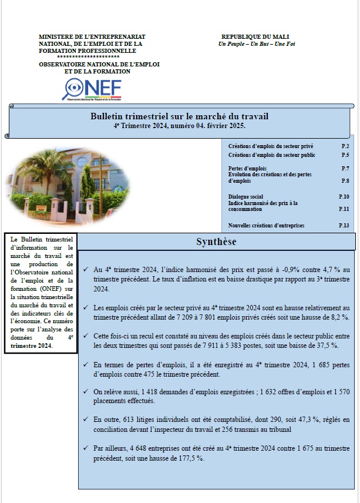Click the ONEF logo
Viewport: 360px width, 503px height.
[92, 89]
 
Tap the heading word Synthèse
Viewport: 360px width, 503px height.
[217, 242]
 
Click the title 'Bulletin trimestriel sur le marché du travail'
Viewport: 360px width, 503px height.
[181, 118]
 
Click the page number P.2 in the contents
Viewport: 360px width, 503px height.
[345, 145]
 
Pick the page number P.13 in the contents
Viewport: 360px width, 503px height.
[344, 226]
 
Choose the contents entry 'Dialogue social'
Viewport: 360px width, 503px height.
[245, 196]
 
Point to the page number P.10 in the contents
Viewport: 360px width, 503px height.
[344, 196]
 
